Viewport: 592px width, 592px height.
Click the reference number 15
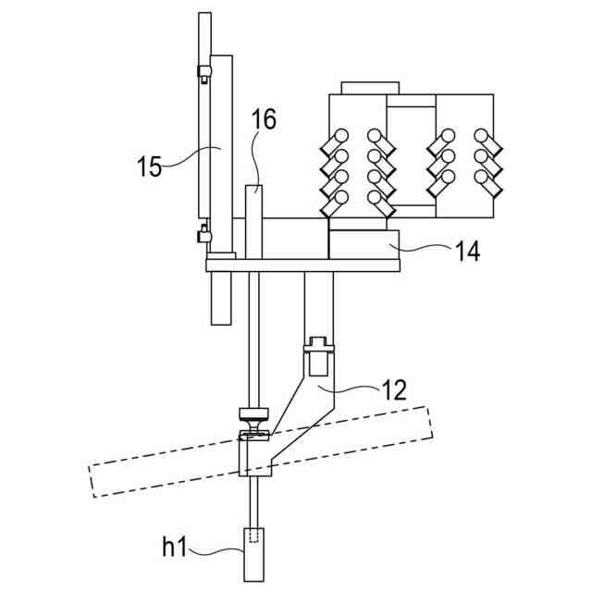tap(149, 167)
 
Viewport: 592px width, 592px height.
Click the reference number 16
tap(264, 120)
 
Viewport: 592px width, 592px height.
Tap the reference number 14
tap(467, 252)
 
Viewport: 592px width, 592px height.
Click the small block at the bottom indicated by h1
tap(254, 553)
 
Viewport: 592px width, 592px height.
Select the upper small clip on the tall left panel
tap(203, 74)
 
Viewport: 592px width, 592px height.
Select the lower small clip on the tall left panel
tap(203, 233)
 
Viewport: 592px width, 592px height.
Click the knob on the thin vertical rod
tap(253, 413)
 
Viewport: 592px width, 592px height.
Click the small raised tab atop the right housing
tap(370, 88)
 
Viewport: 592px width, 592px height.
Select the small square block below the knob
tap(256, 458)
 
